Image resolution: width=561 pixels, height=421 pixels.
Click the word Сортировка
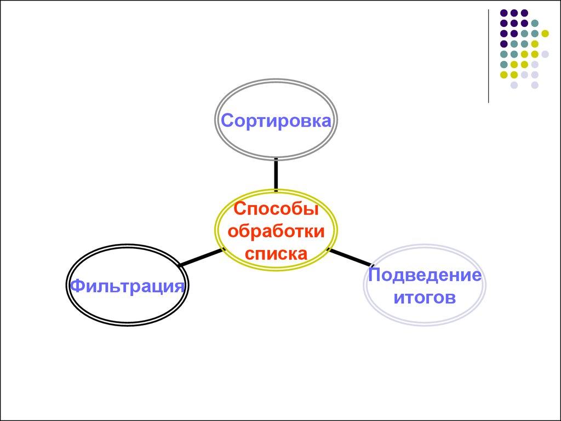pos(276,121)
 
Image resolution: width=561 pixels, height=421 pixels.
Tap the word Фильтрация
pos(126,286)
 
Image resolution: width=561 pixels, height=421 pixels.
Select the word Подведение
pos(425,275)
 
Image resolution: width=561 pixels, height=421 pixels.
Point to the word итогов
pos(425,298)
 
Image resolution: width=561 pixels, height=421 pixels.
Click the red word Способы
pos(276,209)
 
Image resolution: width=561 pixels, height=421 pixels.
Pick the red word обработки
pos(276,231)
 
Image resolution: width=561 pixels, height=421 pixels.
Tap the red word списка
pos(276,253)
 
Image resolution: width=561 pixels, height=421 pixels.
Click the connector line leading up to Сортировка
pos(276,174)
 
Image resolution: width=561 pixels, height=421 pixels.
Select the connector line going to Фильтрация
pos(200,258)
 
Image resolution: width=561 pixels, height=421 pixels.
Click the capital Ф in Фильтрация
pos(77,286)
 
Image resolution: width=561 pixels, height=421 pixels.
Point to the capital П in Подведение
pos(375,275)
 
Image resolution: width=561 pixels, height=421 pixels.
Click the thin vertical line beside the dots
pos(488,55)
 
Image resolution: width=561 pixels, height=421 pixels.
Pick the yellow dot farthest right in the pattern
pos(545,33)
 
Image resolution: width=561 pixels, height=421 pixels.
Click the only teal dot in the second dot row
pos(535,23)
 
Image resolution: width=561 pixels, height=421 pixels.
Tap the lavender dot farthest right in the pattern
pos(545,54)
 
